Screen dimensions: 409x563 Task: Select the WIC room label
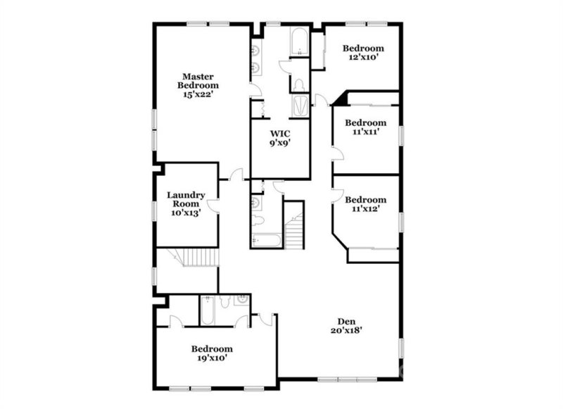[280, 132]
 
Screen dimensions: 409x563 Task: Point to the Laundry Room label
[186, 199]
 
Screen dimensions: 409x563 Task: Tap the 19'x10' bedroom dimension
[213, 358]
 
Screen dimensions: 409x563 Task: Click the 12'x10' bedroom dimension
[365, 58]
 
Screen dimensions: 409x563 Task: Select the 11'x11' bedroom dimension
[366, 131]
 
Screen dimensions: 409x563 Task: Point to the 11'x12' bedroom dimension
[366, 209]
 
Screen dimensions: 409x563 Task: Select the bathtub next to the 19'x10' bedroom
[208, 310]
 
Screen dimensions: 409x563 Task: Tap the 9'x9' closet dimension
[280, 143]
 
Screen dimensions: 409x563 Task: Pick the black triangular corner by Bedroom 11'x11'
[340, 98]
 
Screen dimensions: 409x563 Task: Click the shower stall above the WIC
[299, 106]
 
